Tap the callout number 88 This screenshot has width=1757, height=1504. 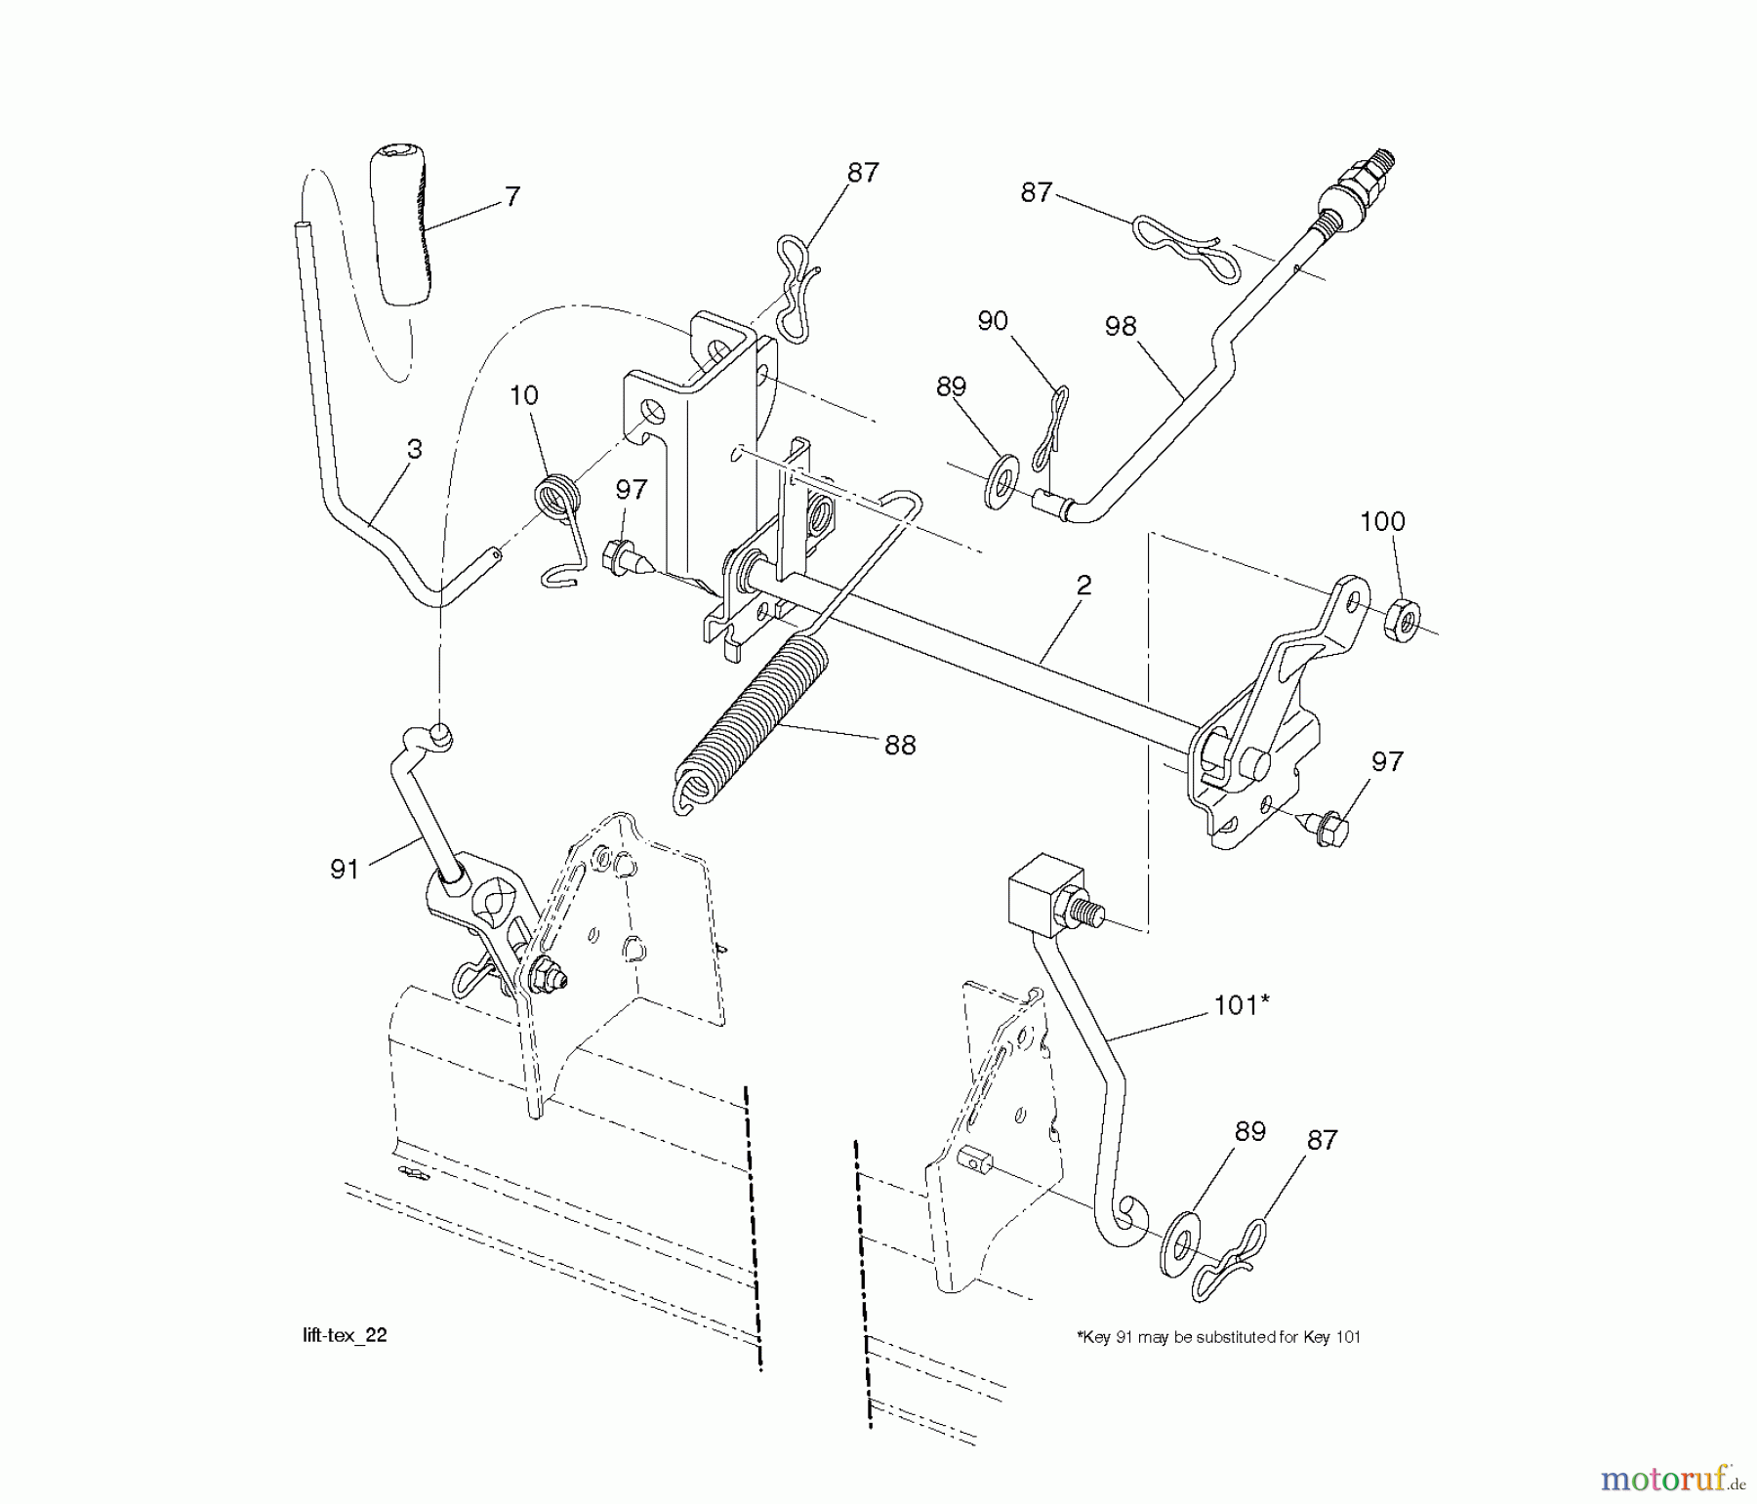click(x=899, y=746)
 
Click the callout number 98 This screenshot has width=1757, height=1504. click(x=1121, y=327)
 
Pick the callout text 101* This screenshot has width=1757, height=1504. click(x=1241, y=1005)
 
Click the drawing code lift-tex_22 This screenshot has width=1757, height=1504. click(x=345, y=1336)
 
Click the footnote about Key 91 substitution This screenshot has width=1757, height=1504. click(x=1218, y=1337)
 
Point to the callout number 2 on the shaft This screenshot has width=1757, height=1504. click(x=1083, y=585)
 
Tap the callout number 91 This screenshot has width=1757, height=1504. click(x=345, y=870)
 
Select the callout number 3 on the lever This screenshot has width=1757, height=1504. click(x=415, y=450)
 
